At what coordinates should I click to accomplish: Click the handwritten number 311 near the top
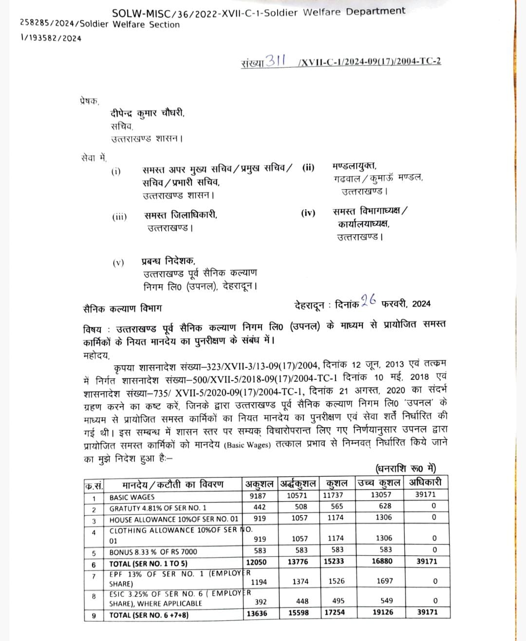(x=276, y=61)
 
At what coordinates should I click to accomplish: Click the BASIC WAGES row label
(x=131, y=497)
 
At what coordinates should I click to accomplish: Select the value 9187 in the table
(x=258, y=496)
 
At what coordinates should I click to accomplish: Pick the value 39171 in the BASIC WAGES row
(x=426, y=494)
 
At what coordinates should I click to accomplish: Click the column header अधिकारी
(x=425, y=483)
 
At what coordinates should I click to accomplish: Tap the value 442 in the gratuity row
(x=260, y=507)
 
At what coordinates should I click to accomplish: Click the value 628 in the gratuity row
(x=385, y=506)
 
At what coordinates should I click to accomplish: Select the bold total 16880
(x=382, y=561)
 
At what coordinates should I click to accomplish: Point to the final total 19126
(x=383, y=612)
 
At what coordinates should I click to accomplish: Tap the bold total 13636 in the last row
(x=257, y=613)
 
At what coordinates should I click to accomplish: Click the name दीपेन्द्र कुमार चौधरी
(x=148, y=113)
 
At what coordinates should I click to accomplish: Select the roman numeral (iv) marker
(x=308, y=213)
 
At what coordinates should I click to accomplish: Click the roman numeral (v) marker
(x=118, y=263)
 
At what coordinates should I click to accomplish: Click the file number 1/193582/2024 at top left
(x=51, y=38)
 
